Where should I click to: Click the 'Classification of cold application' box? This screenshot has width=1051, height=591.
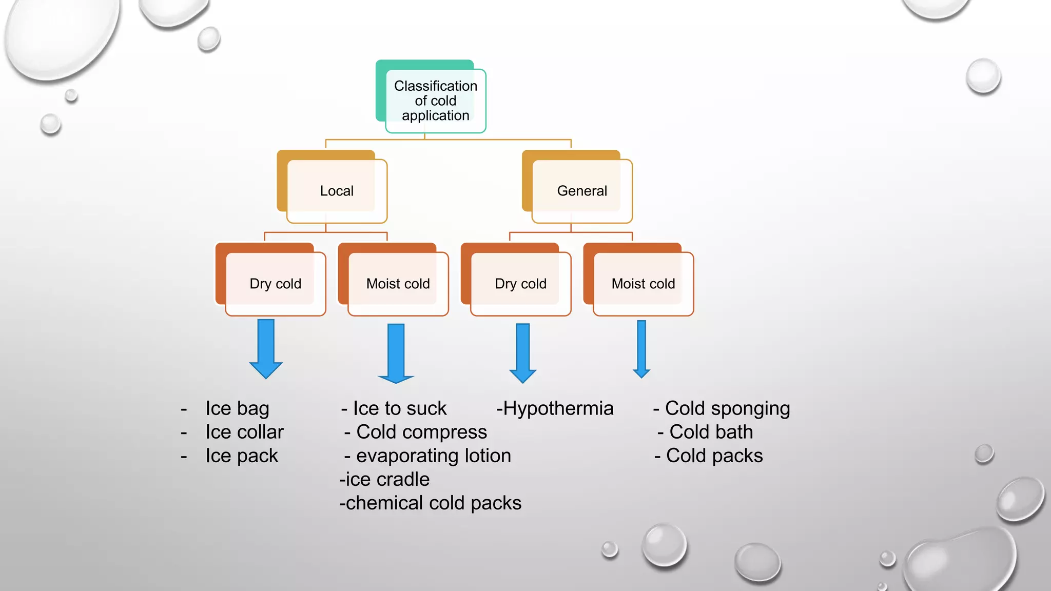point(435,101)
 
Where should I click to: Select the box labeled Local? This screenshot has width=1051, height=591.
point(337,191)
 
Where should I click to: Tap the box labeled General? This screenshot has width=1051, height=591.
point(582,191)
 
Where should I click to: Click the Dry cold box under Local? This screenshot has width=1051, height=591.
point(275,284)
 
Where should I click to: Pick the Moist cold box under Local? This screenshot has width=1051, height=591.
point(398,284)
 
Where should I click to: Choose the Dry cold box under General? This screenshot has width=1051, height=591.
point(520,284)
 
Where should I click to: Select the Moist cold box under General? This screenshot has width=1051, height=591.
point(643,284)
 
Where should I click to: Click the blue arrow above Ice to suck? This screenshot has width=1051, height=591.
point(396,352)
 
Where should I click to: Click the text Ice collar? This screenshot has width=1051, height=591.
point(244,432)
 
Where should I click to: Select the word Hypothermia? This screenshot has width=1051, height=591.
point(558,408)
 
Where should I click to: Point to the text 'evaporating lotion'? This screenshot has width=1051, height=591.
point(433,456)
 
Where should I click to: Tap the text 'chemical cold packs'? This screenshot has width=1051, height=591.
point(433,503)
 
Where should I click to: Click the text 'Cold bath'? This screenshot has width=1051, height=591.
point(711,432)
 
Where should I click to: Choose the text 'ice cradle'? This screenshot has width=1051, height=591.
point(387,479)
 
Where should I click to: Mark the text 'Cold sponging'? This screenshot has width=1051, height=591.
point(727,408)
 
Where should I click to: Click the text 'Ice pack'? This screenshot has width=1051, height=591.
point(242,456)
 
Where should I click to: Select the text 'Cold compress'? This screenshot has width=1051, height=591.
point(421,432)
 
